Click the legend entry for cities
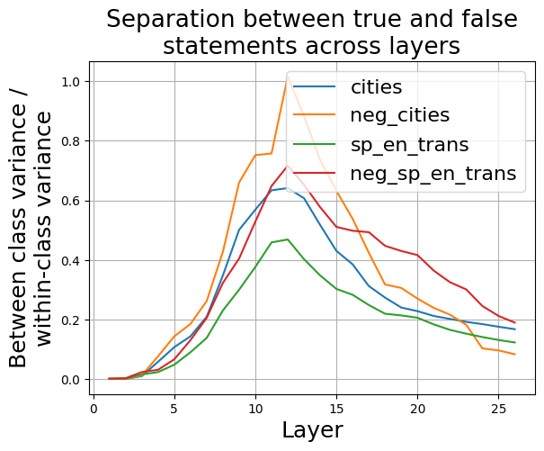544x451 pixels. click(x=376, y=87)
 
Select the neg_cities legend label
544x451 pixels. click(x=401, y=116)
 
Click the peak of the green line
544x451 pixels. click(x=288, y=239)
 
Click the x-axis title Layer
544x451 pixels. click(x=312, y=430)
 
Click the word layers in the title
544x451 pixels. click(x=423, y=46)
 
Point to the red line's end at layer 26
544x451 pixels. click(x=514, y=322)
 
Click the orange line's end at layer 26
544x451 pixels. click(x=514, y=354)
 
